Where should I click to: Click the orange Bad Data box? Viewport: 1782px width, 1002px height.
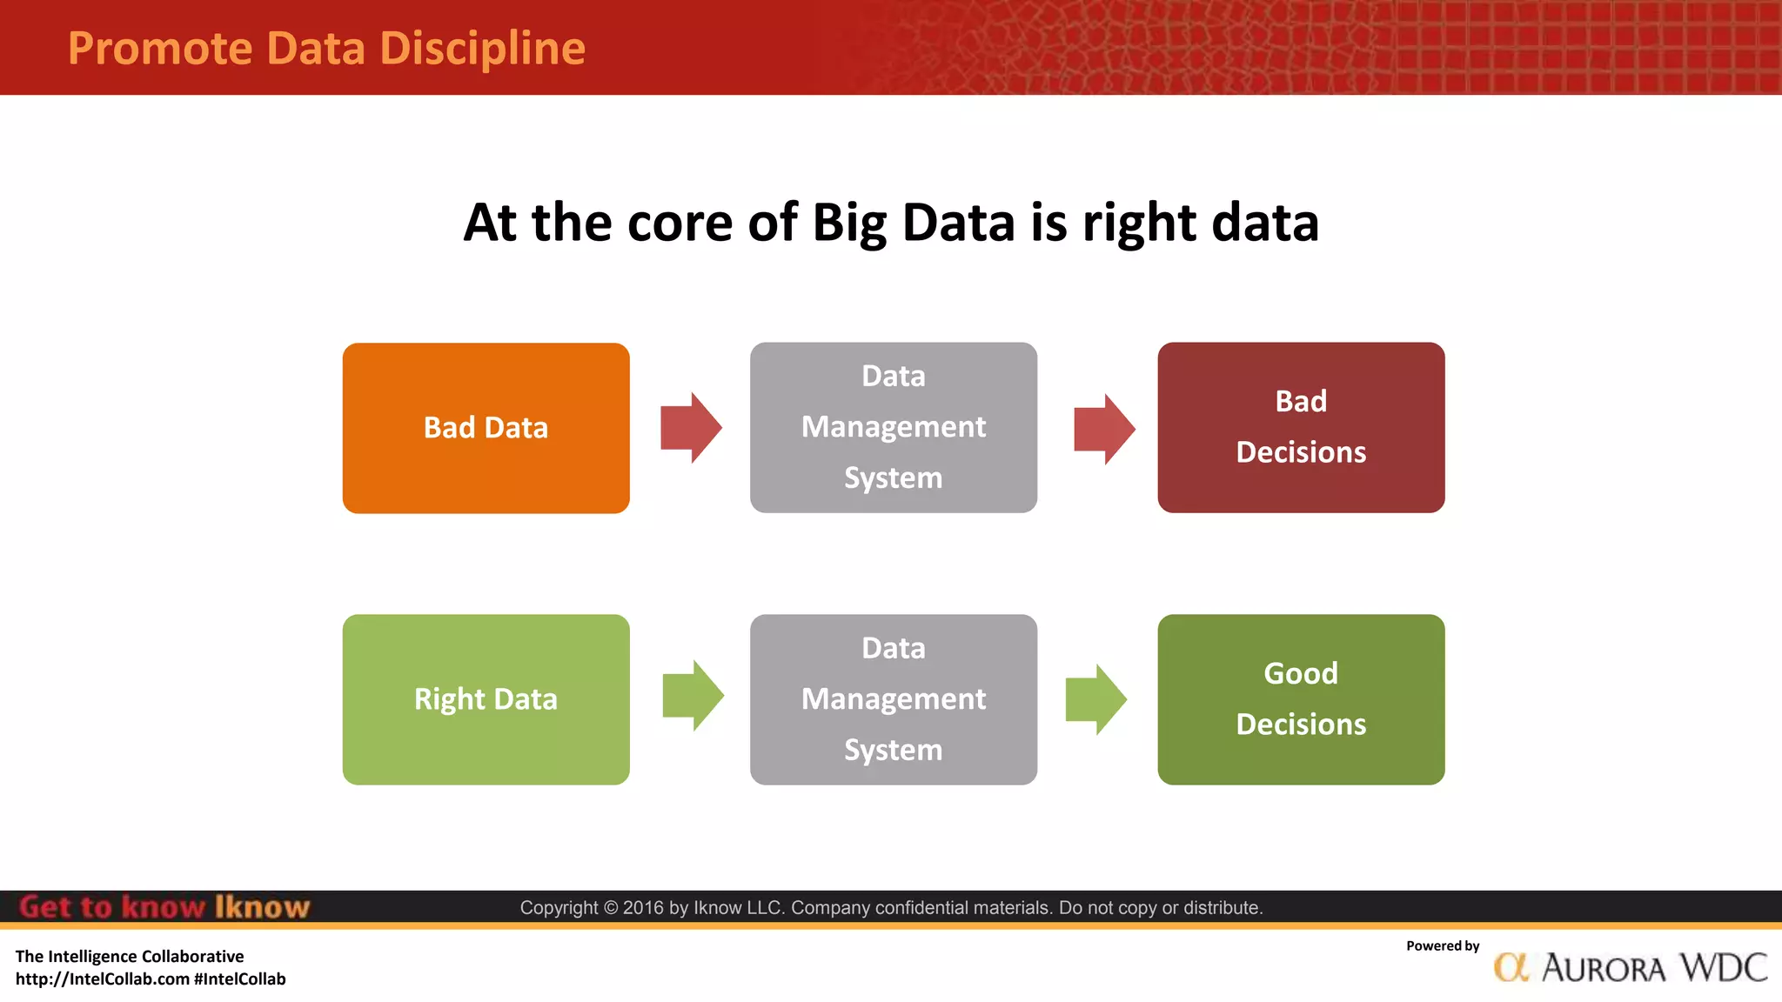[x=486, y=428]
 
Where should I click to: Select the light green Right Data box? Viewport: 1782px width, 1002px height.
[x=486, y=699]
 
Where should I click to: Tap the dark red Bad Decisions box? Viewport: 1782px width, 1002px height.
[x=1301, y=427]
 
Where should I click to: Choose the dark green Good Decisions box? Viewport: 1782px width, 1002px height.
[x=1301, y=699]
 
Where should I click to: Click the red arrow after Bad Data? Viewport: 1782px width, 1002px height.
[x=691, y=427]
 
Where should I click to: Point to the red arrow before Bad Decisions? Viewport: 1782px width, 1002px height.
[x=1103, y=429]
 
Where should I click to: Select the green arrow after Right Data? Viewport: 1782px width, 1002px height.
[x=693, y=696]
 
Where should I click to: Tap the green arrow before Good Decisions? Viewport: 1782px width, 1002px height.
[x=1095, y=699]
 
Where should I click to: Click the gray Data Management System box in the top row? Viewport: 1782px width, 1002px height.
[x=894, y=427]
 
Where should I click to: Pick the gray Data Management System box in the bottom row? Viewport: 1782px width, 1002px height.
[x=894, y=699]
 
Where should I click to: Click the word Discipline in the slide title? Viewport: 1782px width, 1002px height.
[x=482, y=49]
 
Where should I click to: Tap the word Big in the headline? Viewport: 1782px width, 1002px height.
[x=848, y=223]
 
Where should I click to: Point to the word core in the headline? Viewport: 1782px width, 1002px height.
[x=680, y=223]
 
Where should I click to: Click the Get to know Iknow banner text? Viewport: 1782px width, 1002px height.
[x=164, y=907]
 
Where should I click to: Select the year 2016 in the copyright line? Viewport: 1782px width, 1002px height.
[x=642, y=908]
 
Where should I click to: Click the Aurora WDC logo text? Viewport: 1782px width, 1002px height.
[x=1653, y=968]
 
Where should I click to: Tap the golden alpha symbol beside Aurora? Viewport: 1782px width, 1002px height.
[x=1511, y=967]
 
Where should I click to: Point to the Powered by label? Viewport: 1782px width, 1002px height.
[x=1442, y=946]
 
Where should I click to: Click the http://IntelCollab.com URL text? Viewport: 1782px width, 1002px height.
[x=103, y=979]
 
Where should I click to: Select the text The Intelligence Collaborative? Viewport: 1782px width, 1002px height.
[x=130, y=957]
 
